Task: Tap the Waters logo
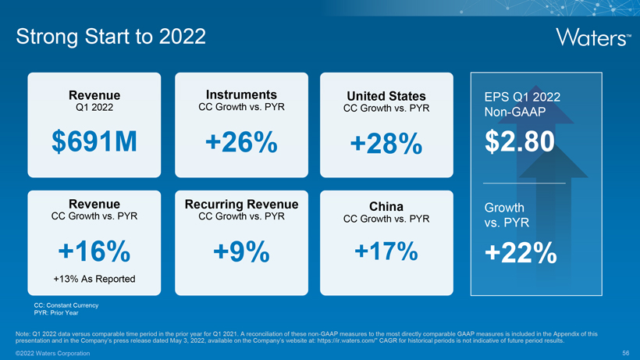coord(592,37)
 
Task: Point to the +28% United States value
coord(386,144)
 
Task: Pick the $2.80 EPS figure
coord(520,142)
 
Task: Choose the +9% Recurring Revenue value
coord(240,251)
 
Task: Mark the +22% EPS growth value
coord(520,254)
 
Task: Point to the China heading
coord(386,206)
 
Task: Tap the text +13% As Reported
coord(94,279)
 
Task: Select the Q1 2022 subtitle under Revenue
coord(94,107)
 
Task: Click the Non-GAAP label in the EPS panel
coord(513,113)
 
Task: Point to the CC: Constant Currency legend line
coord(66,305)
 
